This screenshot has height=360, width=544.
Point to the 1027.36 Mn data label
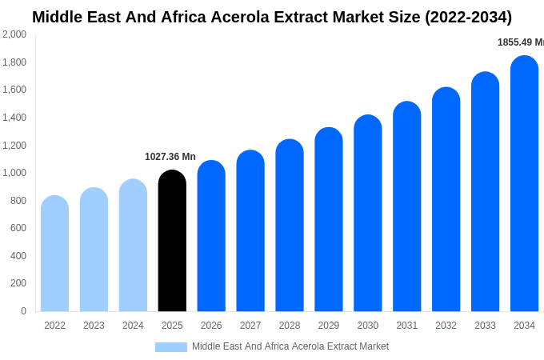(x=170, y=157)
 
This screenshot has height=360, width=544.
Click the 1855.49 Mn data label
(x=521, y=42)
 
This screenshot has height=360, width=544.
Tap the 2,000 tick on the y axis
(x=14, y=34)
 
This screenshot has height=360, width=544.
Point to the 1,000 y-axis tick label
(x=14, y=173)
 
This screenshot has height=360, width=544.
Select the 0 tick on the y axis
(x=23, y=311)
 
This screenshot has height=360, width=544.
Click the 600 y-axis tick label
(x=18, y=228)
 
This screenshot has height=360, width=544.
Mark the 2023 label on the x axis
(x=94, y=326)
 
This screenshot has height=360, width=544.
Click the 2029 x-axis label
(x=329, y=326)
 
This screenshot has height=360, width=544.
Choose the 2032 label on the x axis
(x=446, y=326)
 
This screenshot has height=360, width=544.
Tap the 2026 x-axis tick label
(x=211, y=326)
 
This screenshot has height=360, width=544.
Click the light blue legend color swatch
(x=171, y=347)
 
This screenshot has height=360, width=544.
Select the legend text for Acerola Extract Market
(x=290, y=346)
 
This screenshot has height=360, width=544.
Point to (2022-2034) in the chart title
(x=468, y=17)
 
